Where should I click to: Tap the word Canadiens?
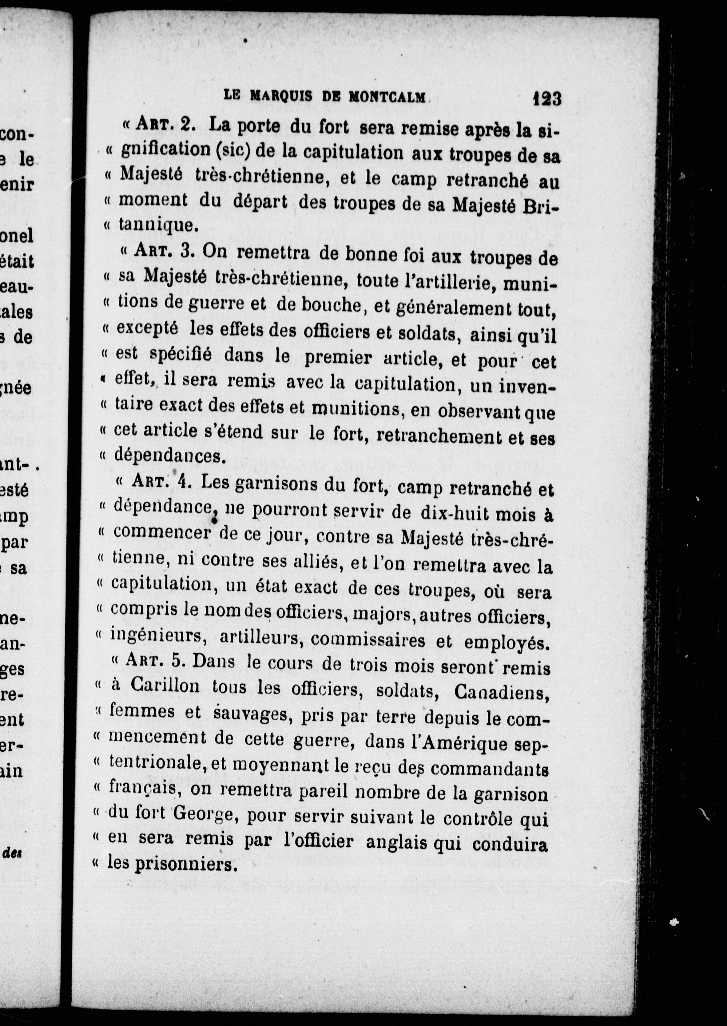pyautogui.click(x=501, y=693)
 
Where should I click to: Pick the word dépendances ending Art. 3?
pyautogui.click(x=168, y=456)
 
